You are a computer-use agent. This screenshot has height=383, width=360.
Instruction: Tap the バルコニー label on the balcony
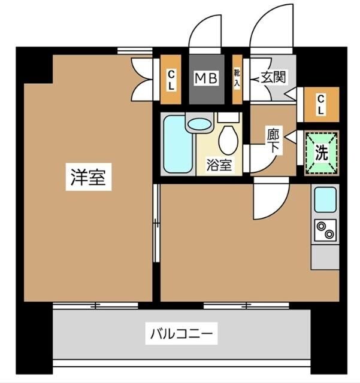tap(180, 333)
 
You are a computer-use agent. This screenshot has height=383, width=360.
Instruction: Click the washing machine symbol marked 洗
tap(322, 153)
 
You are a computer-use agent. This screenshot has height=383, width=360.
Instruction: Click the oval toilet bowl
tap(228, 141)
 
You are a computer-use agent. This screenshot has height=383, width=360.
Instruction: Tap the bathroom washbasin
tap(199, 124)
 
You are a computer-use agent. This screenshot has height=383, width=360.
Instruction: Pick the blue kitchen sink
tap(325, 199)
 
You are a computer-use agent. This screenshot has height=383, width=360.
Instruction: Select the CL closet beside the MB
tap(171, 79)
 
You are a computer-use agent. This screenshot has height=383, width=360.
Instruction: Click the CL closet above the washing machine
tap(321, 104)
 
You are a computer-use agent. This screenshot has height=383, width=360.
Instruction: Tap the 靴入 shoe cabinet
tap(237, 78)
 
